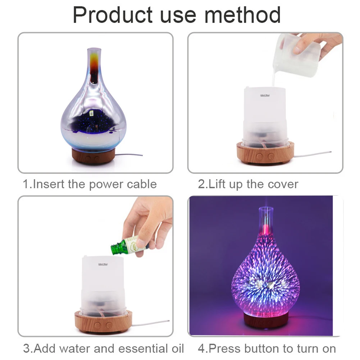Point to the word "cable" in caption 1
coord(142,184)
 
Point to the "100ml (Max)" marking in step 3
coord(103,264)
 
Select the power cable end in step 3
coord(168,322)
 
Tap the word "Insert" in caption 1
coord(49,184)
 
